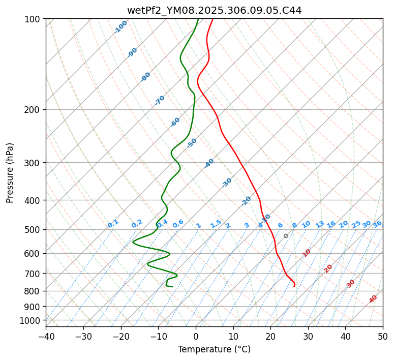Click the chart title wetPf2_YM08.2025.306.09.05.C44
point(214,10)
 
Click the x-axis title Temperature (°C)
point(214,349)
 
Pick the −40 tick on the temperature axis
point(46,336)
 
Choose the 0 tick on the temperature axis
point(196,336)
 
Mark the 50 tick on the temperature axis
point(383,336)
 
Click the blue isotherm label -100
point(120,27)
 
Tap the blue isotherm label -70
point(160,100)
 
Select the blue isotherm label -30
point(227,183)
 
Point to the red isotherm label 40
point(373,299)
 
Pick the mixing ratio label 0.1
point(113,224)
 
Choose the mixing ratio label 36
point(377,224)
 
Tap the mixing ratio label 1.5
point(216,224)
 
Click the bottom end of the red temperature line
point(293,286)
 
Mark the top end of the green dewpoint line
point(198,19)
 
